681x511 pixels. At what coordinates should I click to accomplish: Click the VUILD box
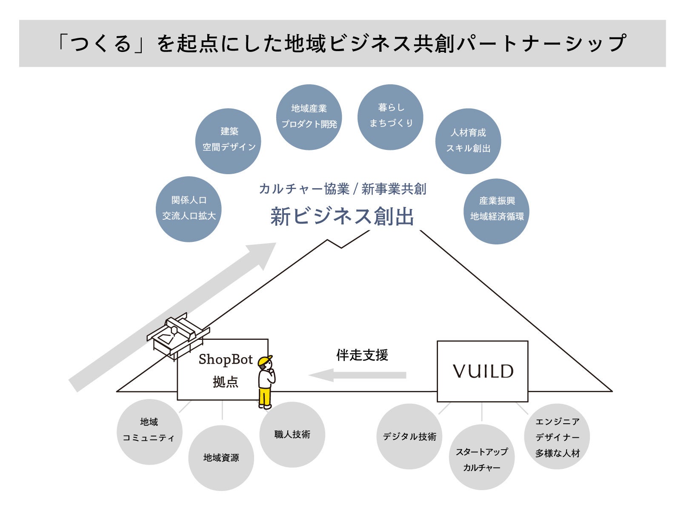click(x=482, y=371)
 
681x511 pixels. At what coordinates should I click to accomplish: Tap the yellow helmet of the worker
click(x=265, y=361)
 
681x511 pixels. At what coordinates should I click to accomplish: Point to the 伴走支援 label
click(x=362, y=355)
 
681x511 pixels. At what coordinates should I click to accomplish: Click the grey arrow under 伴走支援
click(x=358, y=375)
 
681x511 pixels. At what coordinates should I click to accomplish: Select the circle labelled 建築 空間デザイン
click(x=228, y=141)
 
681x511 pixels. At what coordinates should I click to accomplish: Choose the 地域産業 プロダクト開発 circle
click(x=309, y=117)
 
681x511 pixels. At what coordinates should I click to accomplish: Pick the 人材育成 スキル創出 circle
click(x=468, y=141)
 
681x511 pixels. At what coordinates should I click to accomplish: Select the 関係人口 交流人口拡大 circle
click(x=189, y=209)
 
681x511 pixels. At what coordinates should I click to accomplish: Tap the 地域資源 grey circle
click(x=221, y=458)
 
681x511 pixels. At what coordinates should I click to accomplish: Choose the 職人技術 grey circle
click(x=292, y=434)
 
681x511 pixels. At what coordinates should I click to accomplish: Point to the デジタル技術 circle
click(x=409, y=436)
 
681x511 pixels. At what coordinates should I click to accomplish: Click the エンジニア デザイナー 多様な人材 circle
click(x=557, y=436)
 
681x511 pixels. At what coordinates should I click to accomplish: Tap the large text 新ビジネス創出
click(x=342, y=216)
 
